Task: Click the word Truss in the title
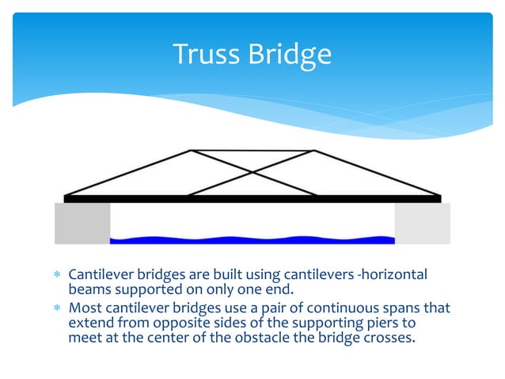tap(203, 54)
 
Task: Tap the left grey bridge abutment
tap(82, 223)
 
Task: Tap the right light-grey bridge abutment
tap(422, 223)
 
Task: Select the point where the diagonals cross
tap(252, 171)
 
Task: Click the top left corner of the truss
tap(192, 150)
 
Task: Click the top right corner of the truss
tap(314, 150)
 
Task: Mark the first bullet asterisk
tap(56, 275)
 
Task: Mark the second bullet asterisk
tap(56, 307)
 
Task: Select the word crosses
tap(390, 338)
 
